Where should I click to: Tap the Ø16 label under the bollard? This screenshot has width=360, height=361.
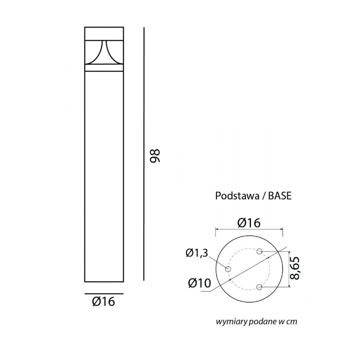[x=103, y=302]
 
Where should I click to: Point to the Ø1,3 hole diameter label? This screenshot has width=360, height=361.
[x=197, y=254]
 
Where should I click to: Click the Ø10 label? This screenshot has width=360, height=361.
[x=199, y=283]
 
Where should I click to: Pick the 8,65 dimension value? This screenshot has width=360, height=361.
[x=298, y=269]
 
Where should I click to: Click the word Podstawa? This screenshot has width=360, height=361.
[x=236, y=196]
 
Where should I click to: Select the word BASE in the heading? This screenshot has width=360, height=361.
[x=280, y=196]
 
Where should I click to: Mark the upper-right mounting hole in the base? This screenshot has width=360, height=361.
[x=260, y=251]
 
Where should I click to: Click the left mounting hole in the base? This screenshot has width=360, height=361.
[x=228, y=269]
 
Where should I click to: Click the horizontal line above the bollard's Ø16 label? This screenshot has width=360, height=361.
[x=103, y=293]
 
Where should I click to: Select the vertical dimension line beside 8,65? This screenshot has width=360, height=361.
[x=290, y=269]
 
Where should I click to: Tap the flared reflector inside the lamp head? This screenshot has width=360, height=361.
[x=104, y=54]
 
